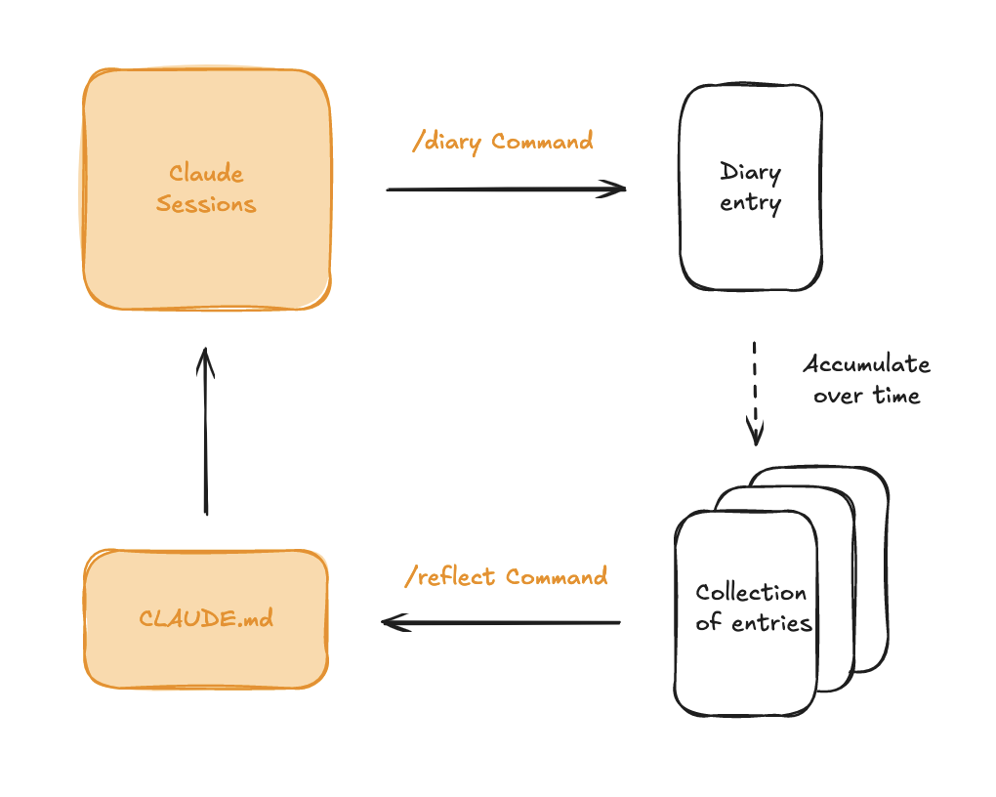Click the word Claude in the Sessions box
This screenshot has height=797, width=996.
206,174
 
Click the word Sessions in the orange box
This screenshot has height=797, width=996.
206,204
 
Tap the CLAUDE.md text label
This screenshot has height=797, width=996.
206,618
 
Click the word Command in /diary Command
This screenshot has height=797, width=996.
542,142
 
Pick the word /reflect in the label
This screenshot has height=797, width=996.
451,577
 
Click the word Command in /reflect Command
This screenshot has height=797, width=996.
557,577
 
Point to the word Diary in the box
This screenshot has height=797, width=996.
750,173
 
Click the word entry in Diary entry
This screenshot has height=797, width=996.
750,203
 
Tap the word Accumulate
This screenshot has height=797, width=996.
866,364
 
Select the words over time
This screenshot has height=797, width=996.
866,396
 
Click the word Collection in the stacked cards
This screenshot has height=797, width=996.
751,593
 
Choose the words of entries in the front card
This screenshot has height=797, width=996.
754,623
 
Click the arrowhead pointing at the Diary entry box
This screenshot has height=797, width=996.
615,189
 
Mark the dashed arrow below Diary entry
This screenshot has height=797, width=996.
755,391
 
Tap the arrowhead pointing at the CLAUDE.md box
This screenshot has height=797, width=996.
392,622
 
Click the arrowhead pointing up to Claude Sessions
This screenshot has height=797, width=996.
205,357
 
